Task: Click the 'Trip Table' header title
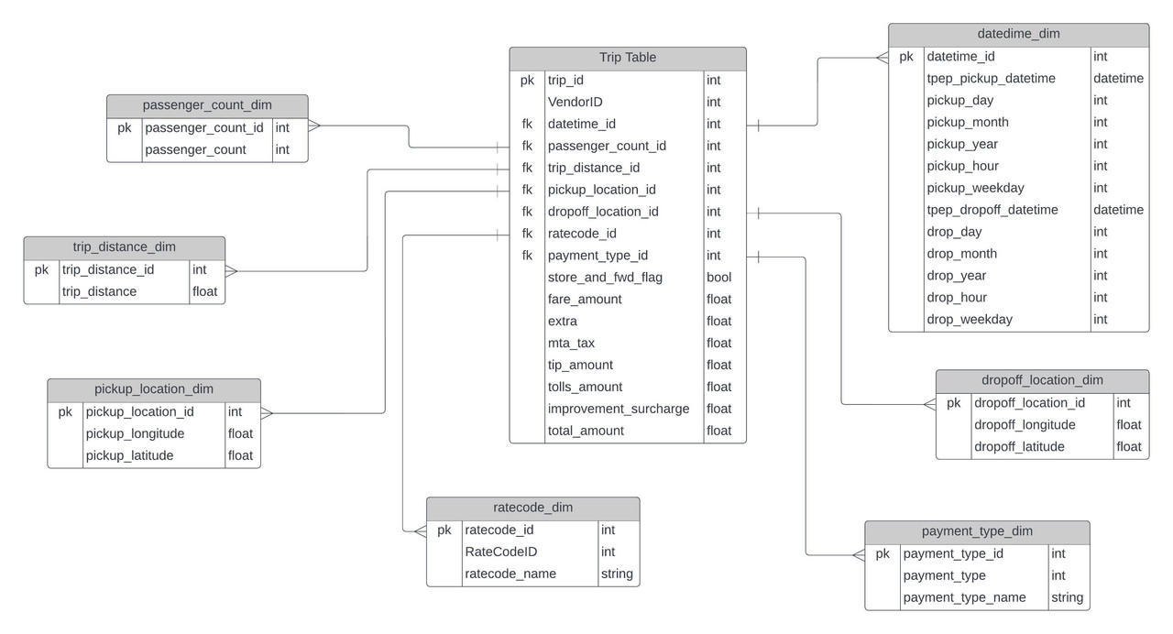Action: tap(628, 58)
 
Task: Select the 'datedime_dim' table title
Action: tap(1018, 34)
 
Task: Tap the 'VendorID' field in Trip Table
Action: tap(575, 102)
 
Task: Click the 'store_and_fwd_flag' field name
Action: tap(605, 277)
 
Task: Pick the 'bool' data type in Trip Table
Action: tap(719, 277)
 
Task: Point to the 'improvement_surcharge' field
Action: tap(619, 409)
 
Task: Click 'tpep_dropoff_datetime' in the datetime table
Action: tap(992, 210)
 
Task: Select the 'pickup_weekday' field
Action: tap(975, 188)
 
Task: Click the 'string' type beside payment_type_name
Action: tap(1067, 597)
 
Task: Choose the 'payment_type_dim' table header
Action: tap(977, 531)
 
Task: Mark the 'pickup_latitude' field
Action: tap(129, 455)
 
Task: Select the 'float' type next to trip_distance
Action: tap(204, 291)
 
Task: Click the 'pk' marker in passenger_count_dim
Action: tap(125, 127)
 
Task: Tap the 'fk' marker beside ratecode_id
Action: tap(527, 234)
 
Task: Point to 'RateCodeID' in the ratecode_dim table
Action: tap(500, 552)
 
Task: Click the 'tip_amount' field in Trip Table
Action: tap(580, 365)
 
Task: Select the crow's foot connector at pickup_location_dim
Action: tap(267, 413)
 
